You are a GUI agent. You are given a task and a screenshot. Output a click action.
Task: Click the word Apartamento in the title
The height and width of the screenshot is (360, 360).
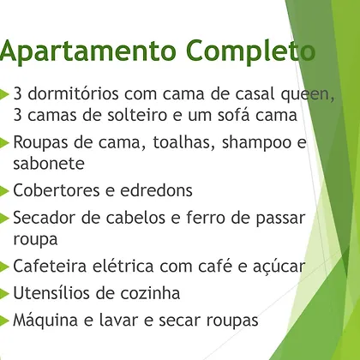[88, 51]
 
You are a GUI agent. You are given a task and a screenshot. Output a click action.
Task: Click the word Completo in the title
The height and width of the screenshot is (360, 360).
[250, 51]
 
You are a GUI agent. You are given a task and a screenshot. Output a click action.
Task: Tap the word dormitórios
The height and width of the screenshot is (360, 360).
[73, 93]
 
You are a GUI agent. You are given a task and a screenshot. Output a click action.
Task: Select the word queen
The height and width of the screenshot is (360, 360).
[308, 95]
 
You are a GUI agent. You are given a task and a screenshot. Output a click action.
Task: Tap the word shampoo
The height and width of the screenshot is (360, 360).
[257, 143]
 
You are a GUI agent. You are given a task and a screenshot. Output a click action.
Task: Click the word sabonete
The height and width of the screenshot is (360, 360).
[49, 163]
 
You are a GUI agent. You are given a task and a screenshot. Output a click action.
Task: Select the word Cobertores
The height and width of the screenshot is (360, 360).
[57, 190]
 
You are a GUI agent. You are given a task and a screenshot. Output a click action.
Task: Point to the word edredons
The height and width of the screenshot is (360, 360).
[156, 190]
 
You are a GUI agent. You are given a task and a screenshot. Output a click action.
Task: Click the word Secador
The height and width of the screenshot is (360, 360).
[45, 218]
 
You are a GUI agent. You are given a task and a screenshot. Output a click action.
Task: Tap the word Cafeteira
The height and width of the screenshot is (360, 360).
[50, 266]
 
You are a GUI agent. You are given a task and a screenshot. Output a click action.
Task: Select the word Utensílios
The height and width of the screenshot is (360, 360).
[54, 293]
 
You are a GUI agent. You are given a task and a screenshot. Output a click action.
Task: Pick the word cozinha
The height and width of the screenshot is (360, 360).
[150, 293]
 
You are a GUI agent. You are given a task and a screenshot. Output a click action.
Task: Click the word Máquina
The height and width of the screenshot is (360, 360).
[45, 321]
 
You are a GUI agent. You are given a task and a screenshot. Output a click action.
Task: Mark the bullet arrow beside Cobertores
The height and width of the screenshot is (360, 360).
[4, 191]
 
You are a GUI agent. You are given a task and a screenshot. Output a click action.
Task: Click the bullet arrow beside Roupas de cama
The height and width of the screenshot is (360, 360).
[4, 143]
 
